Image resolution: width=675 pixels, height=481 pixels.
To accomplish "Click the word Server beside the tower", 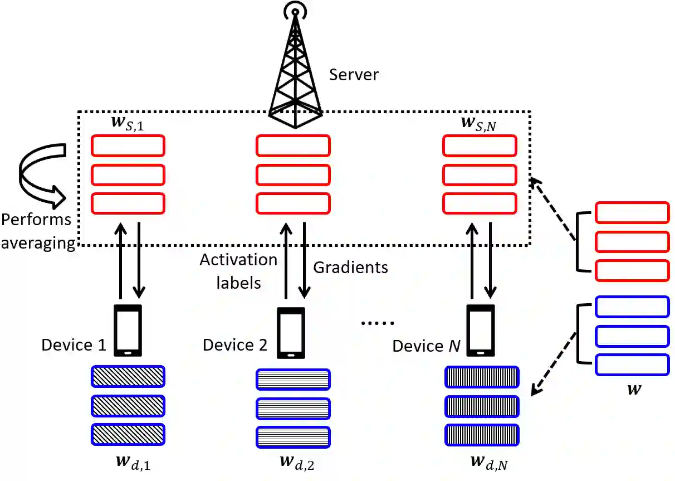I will (354, 75).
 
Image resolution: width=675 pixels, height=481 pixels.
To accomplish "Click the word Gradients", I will (350, 268).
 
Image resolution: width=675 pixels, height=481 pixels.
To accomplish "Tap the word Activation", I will (238, 260).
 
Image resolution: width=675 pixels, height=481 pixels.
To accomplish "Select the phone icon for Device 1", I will (128, 331).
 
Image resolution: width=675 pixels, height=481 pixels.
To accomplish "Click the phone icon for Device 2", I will (291, 333).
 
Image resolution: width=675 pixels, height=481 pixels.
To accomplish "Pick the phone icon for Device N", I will (480, 331).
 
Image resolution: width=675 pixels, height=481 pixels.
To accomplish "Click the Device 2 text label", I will (235, 345).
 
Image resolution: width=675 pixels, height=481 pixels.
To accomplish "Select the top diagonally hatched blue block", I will (128, 376).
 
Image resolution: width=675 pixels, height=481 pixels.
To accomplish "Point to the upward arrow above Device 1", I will (120, 260).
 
